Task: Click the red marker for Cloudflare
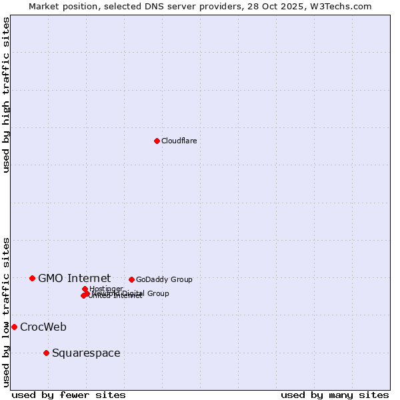pyautogui.click(x=157, y=141)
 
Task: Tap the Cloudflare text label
pyautogui.click(x=179, y=141)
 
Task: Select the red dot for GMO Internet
pyautogui.click(x=32, y=278)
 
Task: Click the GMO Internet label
pyautogui.click(x=74, y=278)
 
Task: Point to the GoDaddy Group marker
pyautogui.click(x=131, y=279)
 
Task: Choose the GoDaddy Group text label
pyautogui.click(x=164, y=279)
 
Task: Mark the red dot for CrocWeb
pyautogui.click(x=14, y=327)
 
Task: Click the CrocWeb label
pyautogui.click(x=43, y=327)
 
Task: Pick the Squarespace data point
pyautogui.click(x=46, y=353)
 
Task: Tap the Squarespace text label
pyautogui.click(x=86, y=353)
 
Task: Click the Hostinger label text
pyautogui.click(x=106, y=289)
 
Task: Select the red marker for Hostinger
pyautogui.click(x=85, y=289)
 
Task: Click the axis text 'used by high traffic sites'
pyautogui.click(x=6, y=95)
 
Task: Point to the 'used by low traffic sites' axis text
pyautogui.click(x=6, y=311)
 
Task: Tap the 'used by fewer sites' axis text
pyautogui.click(x=69, y=395)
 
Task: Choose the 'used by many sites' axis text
pyautogui.click(x=335, y=395)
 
